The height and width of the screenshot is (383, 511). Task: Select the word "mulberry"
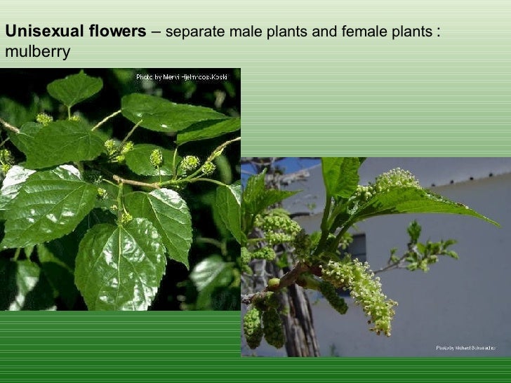[x=37, y=53]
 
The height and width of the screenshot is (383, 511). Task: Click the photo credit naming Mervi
[x=181, y=76]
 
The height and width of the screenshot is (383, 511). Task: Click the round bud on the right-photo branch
[x=274, y=282]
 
